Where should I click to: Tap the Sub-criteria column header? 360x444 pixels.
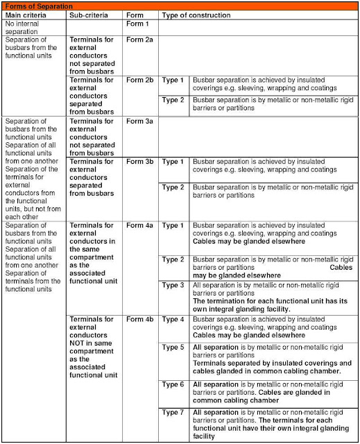point(87,15)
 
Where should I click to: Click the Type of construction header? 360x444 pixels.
point(193,15)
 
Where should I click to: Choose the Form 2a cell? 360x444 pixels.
point(139,40)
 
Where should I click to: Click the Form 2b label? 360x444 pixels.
point(139,80)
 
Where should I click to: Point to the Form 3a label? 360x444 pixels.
point(139,121)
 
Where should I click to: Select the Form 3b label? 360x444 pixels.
point(139,162)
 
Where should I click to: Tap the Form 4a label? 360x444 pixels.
point(139,225)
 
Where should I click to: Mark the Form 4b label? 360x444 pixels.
point(139,319)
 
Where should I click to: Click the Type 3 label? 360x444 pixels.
point(173,284)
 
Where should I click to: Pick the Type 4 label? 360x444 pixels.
point(173,319)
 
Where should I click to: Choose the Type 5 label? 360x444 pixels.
point(173,347)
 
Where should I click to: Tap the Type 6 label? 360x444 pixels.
point(173,384)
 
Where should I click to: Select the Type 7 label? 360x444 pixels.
point(173,413)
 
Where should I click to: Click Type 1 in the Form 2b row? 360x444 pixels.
point(173,80)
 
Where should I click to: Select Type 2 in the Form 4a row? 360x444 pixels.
point(173,259)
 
